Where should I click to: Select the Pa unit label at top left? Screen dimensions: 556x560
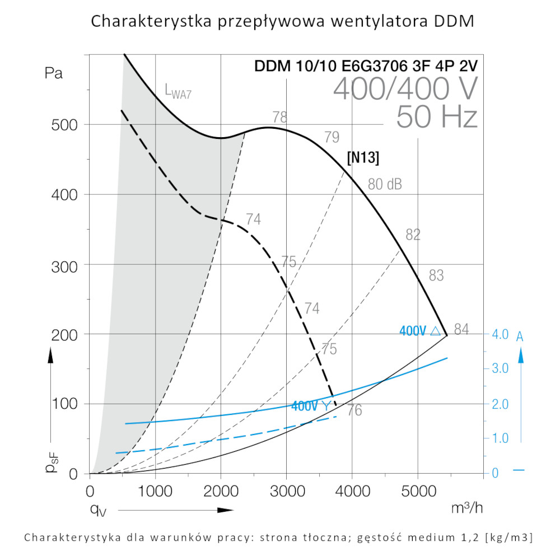click(x=53, y=73)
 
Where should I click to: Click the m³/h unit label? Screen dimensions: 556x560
click(x=466, y=508)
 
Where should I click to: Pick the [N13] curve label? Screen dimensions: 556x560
click(x=363, y=158)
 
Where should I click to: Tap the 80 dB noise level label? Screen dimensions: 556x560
click(x=385, y=184)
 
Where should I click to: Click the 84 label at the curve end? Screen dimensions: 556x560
click(x=461, y=330)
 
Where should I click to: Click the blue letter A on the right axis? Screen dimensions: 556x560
click(x=520, y=337)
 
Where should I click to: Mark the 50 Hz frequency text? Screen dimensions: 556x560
click(x=436, y=117)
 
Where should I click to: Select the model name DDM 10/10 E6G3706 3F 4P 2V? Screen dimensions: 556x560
click(x=366, y=66)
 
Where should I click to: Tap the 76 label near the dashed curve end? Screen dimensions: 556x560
click(x=354, y=410)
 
